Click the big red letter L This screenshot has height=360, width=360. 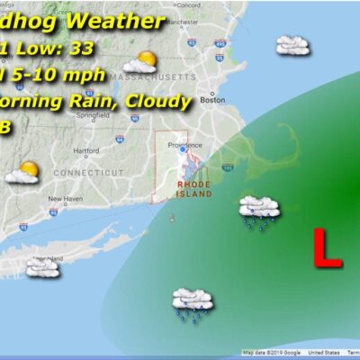[x=326, y=248]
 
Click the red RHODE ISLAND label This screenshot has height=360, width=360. [x=193, y=188]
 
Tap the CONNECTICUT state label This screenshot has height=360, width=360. [x=86, y=171]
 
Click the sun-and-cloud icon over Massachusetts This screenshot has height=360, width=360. [x=141, y=62]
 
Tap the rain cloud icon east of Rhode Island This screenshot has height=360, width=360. [x=259, y=210]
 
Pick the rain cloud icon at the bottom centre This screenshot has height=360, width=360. [x=192, y=302]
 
